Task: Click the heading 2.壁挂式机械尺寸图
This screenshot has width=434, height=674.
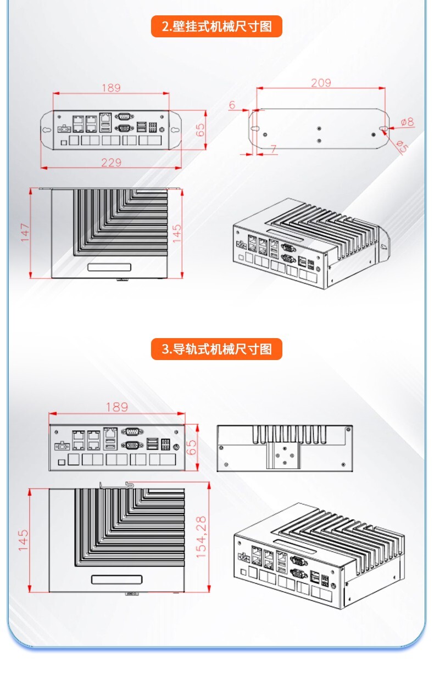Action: (216, 26)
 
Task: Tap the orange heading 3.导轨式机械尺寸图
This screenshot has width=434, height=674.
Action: (216, 349)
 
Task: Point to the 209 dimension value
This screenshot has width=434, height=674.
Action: (321, 83)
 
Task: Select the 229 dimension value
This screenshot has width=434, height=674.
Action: (111, 162)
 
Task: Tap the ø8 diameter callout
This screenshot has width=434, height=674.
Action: (407, 122)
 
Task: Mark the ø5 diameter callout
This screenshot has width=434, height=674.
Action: (402, 147)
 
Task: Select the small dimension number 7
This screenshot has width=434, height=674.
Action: (273, 149)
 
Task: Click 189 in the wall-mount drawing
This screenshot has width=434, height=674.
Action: (111, 88)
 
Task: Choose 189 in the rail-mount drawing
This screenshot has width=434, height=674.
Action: (116, 407)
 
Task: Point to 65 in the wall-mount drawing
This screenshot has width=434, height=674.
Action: (201, 130)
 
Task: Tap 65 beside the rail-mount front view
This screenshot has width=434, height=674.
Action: (192, 447)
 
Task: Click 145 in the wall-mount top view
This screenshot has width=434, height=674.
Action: (177, 233)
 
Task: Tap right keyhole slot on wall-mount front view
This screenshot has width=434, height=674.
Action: (175, 130)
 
